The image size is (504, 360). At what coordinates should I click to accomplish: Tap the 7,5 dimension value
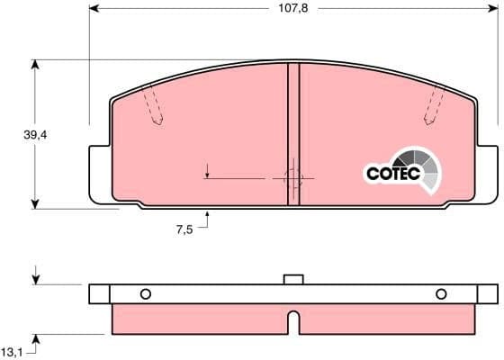(184, 229)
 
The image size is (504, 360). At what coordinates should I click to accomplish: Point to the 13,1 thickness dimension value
(12, 351)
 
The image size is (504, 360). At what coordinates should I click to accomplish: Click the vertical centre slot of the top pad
(292, 135)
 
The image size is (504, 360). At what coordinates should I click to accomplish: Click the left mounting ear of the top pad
(99, 173)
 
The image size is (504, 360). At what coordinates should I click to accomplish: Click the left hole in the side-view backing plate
(145, 293)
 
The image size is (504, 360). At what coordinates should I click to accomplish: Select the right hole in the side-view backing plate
(441, 293)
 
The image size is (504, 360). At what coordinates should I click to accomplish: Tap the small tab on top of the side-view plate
(292, 279)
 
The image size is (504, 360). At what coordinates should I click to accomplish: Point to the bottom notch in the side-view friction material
(292, 322)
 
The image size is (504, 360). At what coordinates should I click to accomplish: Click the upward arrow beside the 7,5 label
(208, 214)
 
